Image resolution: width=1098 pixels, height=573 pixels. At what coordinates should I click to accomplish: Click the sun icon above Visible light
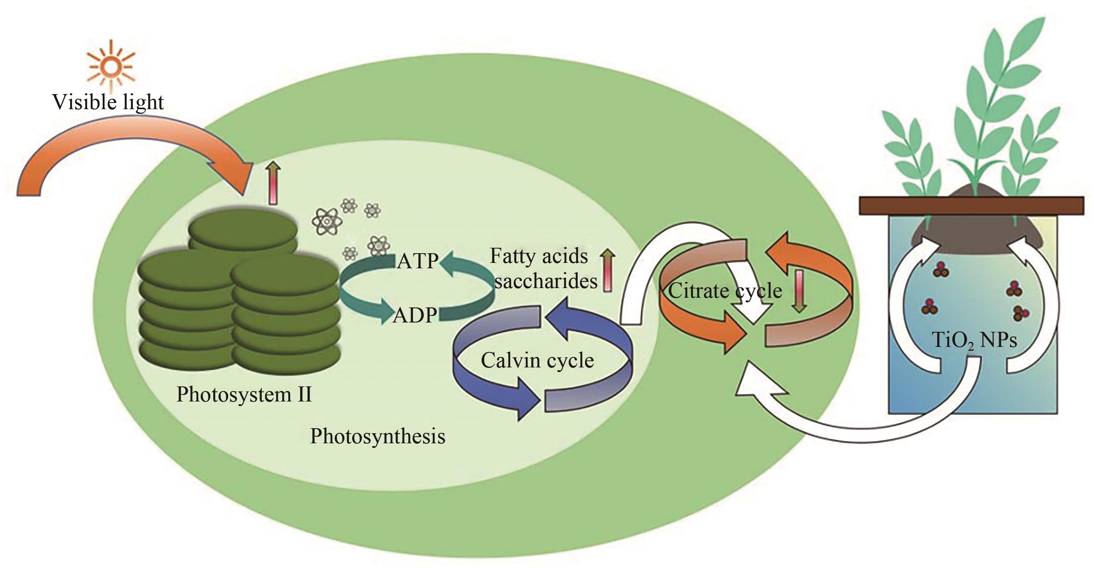(x=111, y=67)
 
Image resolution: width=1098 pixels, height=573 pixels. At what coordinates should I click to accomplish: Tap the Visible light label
(x=108, y=102)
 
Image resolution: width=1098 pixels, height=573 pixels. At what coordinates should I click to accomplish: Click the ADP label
(x=415, y=316)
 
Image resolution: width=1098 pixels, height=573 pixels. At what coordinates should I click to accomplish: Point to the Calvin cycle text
(x=537, y=360)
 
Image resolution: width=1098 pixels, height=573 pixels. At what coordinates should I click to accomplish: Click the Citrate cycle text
(x=725, y=292)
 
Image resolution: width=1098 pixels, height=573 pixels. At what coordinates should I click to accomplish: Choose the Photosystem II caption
(x=244, y=395)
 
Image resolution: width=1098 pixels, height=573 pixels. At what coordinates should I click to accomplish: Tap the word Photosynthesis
(x=378, y=436)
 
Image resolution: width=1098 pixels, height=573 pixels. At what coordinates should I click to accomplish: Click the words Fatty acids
(x=539, y=256)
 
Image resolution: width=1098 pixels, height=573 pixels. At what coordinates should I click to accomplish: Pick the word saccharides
(x=546, y=281)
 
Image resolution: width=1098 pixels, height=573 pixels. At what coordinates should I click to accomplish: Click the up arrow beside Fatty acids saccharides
(x=608, y=271)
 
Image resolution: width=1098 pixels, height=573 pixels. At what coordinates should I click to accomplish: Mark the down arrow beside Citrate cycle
(x=800, y=292)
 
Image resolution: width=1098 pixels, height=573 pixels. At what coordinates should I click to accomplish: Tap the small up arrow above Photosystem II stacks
(x=273, y=183)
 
